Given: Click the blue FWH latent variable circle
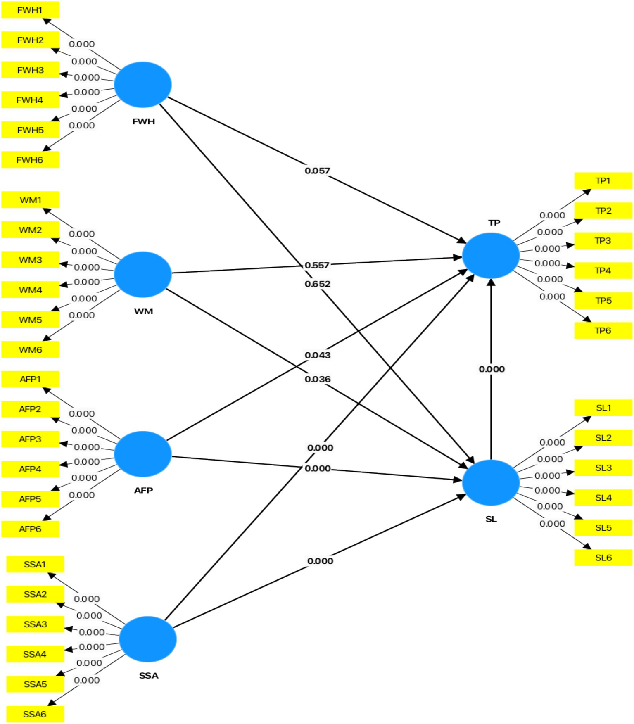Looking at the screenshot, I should pyautogui.click(x=142, y=85).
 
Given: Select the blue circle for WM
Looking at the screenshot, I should pyautogui.click(x=142, y=274).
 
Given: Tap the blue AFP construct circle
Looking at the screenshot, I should pyautogui.click(x=142, y=454).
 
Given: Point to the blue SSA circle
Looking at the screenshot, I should pyautogui.click(x=147, y=639).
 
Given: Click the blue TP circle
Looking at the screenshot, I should pyautogui.click(x=491, y=255).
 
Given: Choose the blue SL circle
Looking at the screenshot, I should pyautogui.click(x=491, y=482).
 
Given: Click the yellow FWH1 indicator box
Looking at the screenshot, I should pyautogui.click(x=30, y=10).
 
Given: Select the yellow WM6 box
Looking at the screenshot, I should pyautogui.click(x=30, y=350).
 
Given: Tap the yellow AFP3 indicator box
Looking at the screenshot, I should pyautogui.click(x=30, y=439).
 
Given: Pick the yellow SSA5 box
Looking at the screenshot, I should pyautogui.click(x=35, y=684).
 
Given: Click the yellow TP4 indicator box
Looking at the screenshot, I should pyautogui.click(x=603, y=271).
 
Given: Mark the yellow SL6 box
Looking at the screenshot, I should pyautogui.click(x=603, y=558).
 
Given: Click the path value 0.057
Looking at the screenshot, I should pyautogui.click(x=317, y=171).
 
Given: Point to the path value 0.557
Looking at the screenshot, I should pyautogui.click(x=317, y=265).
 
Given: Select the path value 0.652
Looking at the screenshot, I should pyautogui.click(x=317, y=284).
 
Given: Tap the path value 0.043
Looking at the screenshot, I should pyautogui.click(x=317, y=355).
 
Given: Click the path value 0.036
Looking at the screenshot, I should pyautogui.click(x=317, y=379).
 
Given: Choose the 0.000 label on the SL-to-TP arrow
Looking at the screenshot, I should pyautogui.click(x=492, y=369).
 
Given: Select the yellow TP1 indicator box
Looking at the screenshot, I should pyautogui.click(x=603, y=180).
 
